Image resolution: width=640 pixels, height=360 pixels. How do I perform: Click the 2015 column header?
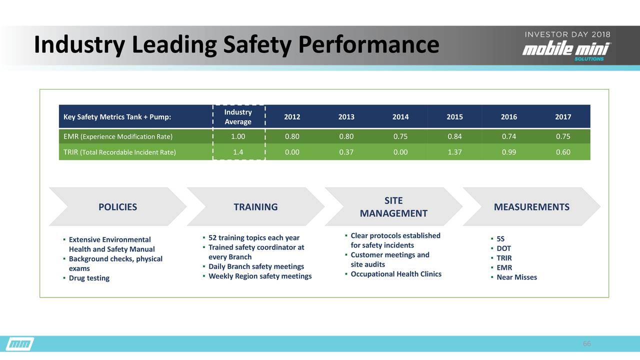[x=454, y=117]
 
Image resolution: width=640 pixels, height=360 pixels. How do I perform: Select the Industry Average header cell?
[x=238, y=117]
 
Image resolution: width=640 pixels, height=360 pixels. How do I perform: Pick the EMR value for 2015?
[x=454, y=136]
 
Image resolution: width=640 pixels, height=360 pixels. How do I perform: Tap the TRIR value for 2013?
[x=346, y=152]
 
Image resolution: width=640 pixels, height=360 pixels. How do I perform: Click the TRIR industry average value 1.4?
[x=238, y=152]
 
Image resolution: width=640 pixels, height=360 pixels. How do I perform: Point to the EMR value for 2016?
[x=509, y=136]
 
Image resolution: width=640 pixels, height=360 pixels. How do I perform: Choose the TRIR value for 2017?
[x=563, y=152]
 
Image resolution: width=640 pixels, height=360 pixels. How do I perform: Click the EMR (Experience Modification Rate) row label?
[x=118, y=136]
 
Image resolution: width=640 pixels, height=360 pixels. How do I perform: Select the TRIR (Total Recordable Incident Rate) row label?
[x=119, y=152]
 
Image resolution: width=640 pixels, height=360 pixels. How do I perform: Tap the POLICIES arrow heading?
[x=117, y=207]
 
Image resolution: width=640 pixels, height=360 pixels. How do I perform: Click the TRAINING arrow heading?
[x=255, y=207]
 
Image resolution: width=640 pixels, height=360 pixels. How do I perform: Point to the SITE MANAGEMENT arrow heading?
[x=393, y=207]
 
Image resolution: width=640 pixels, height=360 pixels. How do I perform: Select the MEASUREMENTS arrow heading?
[x=531, y=207]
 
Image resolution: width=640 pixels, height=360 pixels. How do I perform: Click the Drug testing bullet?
[x=89, y=278]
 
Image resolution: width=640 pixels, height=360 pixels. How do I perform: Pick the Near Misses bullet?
[x=517, y=277]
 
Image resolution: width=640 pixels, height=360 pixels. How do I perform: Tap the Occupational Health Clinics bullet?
[x=396, y=274]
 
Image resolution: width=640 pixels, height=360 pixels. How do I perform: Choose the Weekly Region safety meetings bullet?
[x=260, y=276]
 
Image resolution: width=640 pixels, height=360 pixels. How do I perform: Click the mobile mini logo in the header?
[x=567, y=50]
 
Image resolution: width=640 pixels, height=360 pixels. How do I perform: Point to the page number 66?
[x=587, y=343]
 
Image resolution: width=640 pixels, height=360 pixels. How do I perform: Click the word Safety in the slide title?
[x=257, y=45]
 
